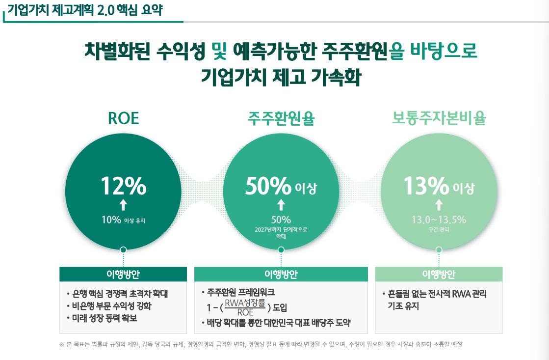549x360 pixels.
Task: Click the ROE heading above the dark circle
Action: [x=123, y=118]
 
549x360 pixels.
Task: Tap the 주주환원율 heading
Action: [x=281, y=118]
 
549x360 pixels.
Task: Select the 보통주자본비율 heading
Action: [x=439, y=118]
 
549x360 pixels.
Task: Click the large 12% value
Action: [x=123, y=186]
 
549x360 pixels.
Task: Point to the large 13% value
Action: [x=426, y=186]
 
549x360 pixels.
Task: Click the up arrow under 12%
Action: [x=123, y=205]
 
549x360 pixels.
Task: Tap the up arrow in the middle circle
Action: [x=281, y=205]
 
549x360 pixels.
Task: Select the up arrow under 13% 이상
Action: [x=439, y=205]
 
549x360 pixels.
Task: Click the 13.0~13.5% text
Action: [x=439, y=220]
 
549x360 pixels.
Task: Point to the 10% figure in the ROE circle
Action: [x=111, y=220]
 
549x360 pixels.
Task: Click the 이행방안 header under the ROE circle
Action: [x=123, y=274]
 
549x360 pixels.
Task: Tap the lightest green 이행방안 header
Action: [x=439, y=274]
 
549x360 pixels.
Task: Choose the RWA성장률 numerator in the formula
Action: [x=245, y=303]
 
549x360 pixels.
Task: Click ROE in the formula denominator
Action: [x=245, y=312]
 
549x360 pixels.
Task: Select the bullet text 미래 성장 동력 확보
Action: [x=105, y=318]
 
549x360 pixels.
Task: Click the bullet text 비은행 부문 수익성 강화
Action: [x=112, y=306]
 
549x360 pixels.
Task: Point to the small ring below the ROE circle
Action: [x=123, y=250]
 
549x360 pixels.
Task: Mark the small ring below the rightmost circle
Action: [x=439, y=250]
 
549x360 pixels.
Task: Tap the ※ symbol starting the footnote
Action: [x=62, y=345]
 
